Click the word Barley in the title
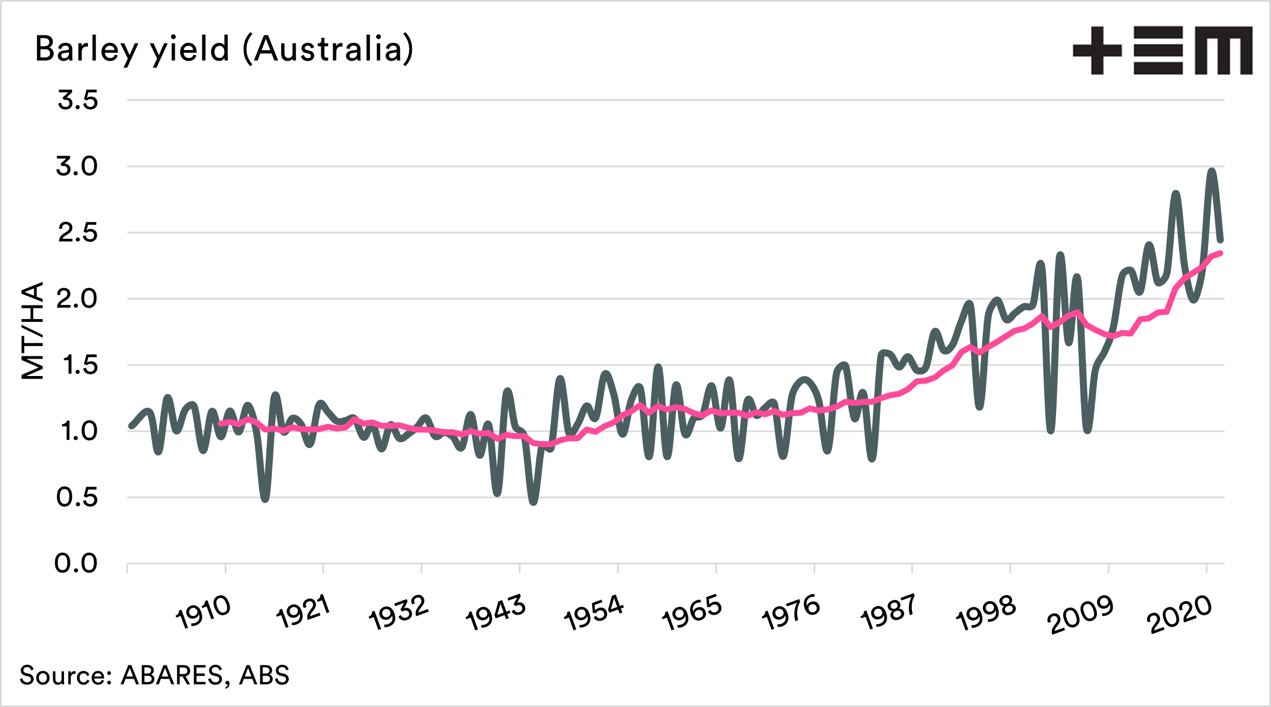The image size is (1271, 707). pyautogui.click(x=86, y=49)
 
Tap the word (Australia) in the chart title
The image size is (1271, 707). pyautogui.click(x=328, y=49)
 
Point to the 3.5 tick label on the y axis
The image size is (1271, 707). pyautogui.click(x=78, y=100)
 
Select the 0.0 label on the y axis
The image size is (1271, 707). pyautogui.click(x=77, y=564)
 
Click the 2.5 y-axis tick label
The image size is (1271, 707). pyautogui.click(x=78, y=233)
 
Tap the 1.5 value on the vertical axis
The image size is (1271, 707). pyautogui.click(x=80, y=365)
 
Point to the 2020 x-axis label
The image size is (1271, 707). pyautogui.click(x=1179, y=615)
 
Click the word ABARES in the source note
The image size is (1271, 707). pyautogui.click(x=171, y=676)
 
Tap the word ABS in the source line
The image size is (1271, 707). pyautogui.click(x=264, y=676)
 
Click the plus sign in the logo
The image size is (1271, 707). pyautogui.click(x=1097, y=50)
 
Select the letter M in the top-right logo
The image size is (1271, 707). pyautogui.click(x=1223, y=50)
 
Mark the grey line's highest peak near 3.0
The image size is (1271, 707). pyautogui.click(x=1212, y=171)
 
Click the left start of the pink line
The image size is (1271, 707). pyautogui.click(x=220, y=423)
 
